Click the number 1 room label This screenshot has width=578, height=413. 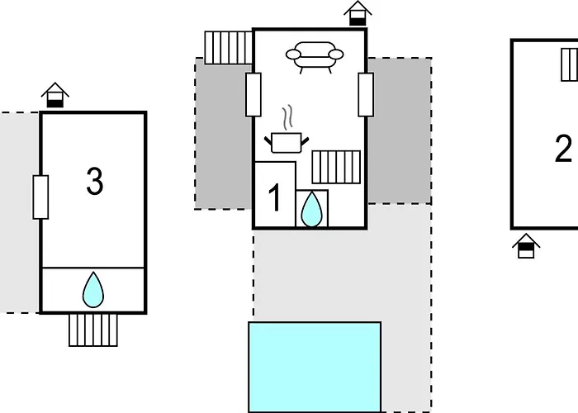pos(275,197)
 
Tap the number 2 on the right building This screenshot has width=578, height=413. pos(563,148)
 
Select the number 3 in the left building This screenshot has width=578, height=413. pos(95,181)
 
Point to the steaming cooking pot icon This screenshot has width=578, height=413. pos(287,142)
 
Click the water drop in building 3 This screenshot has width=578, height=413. pos(93,290)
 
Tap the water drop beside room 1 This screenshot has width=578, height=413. pos(311,210)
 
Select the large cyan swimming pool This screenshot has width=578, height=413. pos(315,368)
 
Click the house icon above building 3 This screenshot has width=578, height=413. pos(55,95)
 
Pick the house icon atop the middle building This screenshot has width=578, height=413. pos(358,13)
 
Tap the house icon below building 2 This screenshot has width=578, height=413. pos(526,246)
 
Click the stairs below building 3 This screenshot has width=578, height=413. pos(93,330)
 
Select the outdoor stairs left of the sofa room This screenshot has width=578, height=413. pos(229,48)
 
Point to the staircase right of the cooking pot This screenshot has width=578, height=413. pos(336,167)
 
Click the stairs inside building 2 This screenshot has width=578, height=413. pos(570,65)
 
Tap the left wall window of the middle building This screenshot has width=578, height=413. pos(253,95)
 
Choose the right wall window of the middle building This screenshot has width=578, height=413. pos(366,95)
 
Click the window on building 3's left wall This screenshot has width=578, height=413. pos(40,197)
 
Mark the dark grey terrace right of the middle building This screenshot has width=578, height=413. pos(400,131)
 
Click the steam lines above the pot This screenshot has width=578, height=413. pos(287,117)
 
